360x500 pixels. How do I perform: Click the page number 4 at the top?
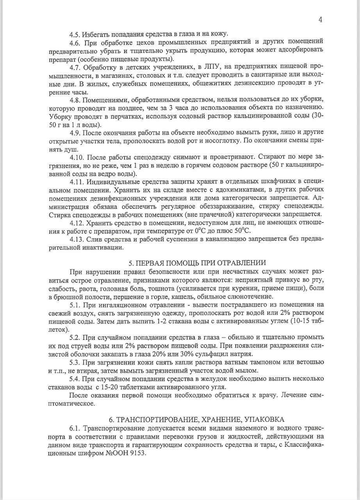point(320,20)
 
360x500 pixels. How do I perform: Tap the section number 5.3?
point(75,362)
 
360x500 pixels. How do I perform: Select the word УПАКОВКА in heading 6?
point(265,420)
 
